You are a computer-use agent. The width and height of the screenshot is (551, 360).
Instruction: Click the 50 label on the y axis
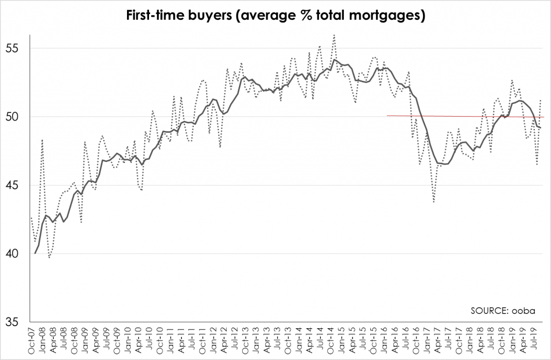[17, 117]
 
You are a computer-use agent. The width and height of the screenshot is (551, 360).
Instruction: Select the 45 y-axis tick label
[17, 185]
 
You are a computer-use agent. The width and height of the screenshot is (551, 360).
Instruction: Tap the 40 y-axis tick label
[17, 253]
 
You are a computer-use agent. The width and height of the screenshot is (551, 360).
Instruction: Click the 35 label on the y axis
[17, 322]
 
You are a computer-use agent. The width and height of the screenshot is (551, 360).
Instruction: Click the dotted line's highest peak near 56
[334, 36]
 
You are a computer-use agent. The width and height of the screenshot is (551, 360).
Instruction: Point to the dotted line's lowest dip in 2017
[434, 202]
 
